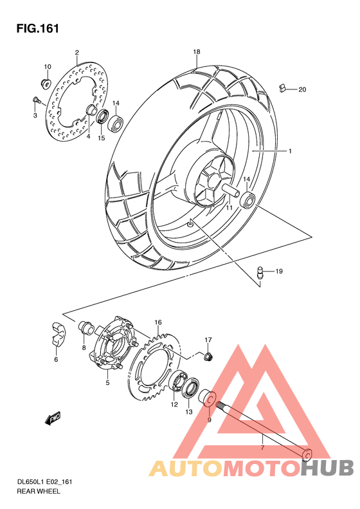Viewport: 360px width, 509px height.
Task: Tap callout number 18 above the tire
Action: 197,51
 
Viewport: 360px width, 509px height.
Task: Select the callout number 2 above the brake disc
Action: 76,53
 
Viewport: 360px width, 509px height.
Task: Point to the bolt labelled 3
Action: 36,99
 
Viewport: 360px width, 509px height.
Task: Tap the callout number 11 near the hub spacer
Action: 228,208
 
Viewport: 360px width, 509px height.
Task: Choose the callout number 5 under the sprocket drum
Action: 107,383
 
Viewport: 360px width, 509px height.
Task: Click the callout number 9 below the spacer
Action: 209,420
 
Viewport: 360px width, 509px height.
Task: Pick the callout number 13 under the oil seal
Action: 188,412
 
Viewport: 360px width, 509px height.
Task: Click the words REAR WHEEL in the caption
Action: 39,491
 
